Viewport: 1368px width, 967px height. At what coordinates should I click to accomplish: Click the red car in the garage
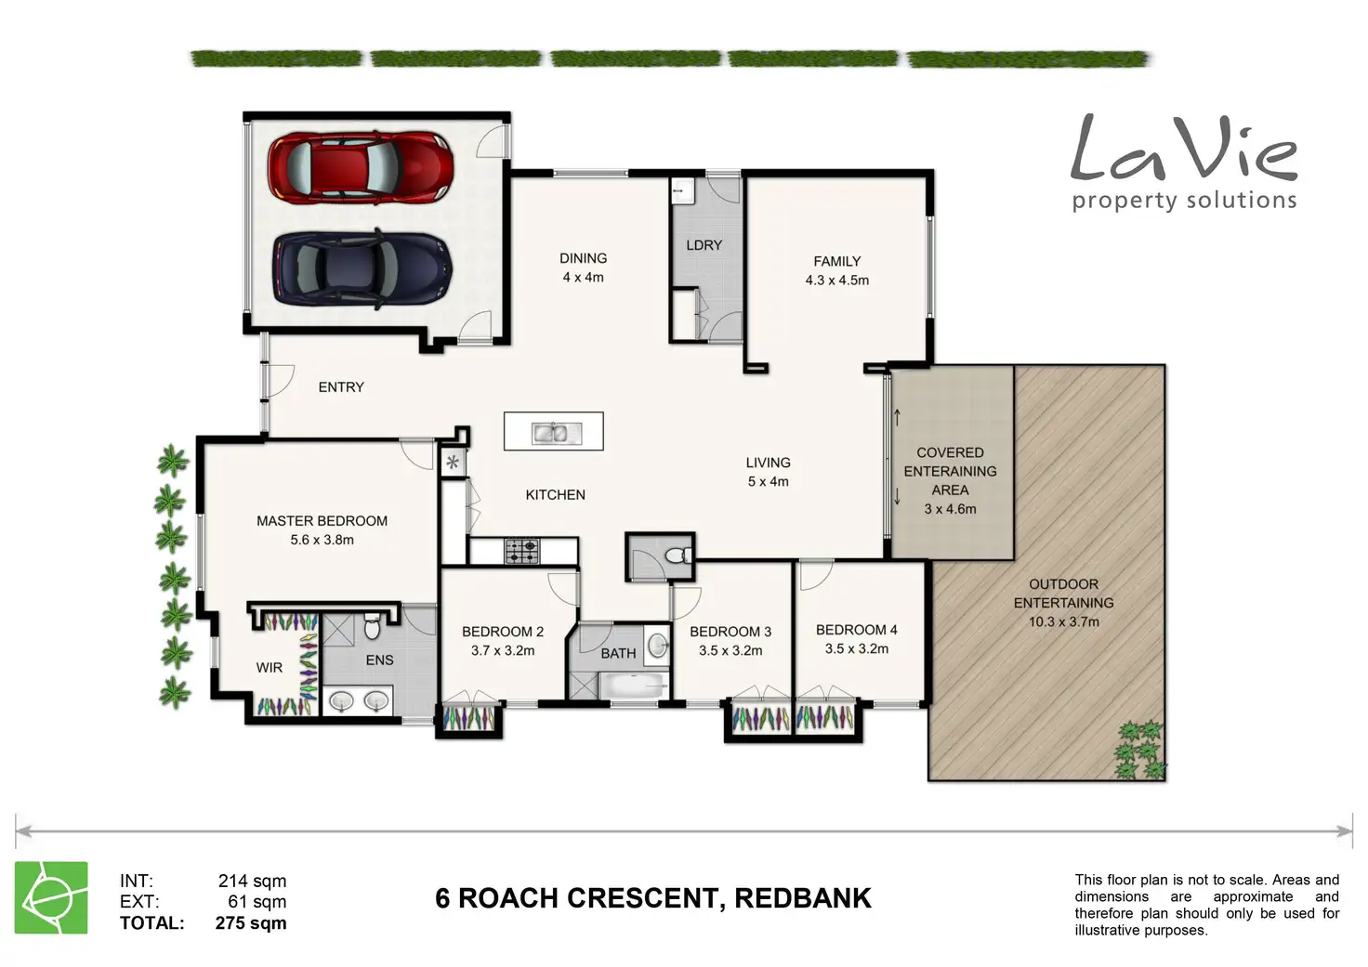pos(361,166)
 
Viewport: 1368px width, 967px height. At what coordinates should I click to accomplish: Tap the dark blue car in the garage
pos(362,268)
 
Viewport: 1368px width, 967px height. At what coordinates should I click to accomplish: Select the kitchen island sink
pos(557,433)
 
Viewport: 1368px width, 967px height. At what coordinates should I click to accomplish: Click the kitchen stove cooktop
pos(522,551)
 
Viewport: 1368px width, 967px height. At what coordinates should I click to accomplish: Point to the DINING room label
pos(584,258)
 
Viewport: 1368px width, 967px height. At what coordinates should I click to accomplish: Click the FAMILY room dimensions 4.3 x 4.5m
pos(836,281)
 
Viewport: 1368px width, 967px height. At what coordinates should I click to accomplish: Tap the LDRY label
pos(704,245)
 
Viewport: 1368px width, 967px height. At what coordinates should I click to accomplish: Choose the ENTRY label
pos(341,387)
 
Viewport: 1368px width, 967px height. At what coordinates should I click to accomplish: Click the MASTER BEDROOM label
pos(322,521)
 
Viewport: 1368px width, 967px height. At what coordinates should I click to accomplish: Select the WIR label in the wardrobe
pos(270,668)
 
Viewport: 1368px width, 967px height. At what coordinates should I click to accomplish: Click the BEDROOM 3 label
pos(730,632)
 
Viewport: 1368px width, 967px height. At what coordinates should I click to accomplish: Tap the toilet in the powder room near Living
pos(677,555)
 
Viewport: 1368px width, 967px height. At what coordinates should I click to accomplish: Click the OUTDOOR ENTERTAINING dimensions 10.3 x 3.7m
pos(1064,622)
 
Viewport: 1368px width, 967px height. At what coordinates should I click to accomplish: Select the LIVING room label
pos(768,463)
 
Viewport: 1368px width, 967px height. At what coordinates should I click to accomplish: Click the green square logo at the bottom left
pos(51,897)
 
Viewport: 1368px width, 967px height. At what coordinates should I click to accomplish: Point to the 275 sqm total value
pos(250,923)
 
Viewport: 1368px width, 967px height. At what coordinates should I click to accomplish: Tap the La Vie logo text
pos(1184,149)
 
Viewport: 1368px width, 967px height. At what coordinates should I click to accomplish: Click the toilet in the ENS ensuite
pos(372,627)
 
